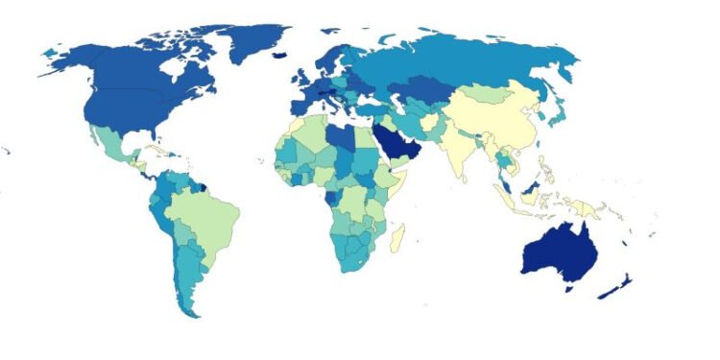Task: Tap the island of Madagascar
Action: click(396, 236)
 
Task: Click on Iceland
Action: click(279, 55)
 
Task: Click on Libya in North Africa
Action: click(342, 140)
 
